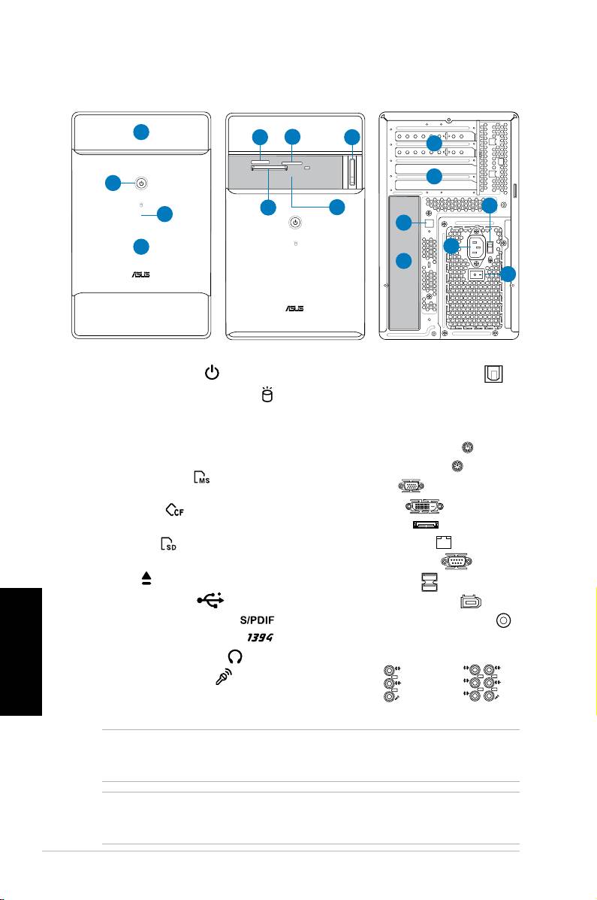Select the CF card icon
click(174, 510)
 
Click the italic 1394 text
click(256, 637)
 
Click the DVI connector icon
click(425, 506)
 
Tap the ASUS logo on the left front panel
click(141, 275)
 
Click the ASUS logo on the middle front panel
click(295, 307)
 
